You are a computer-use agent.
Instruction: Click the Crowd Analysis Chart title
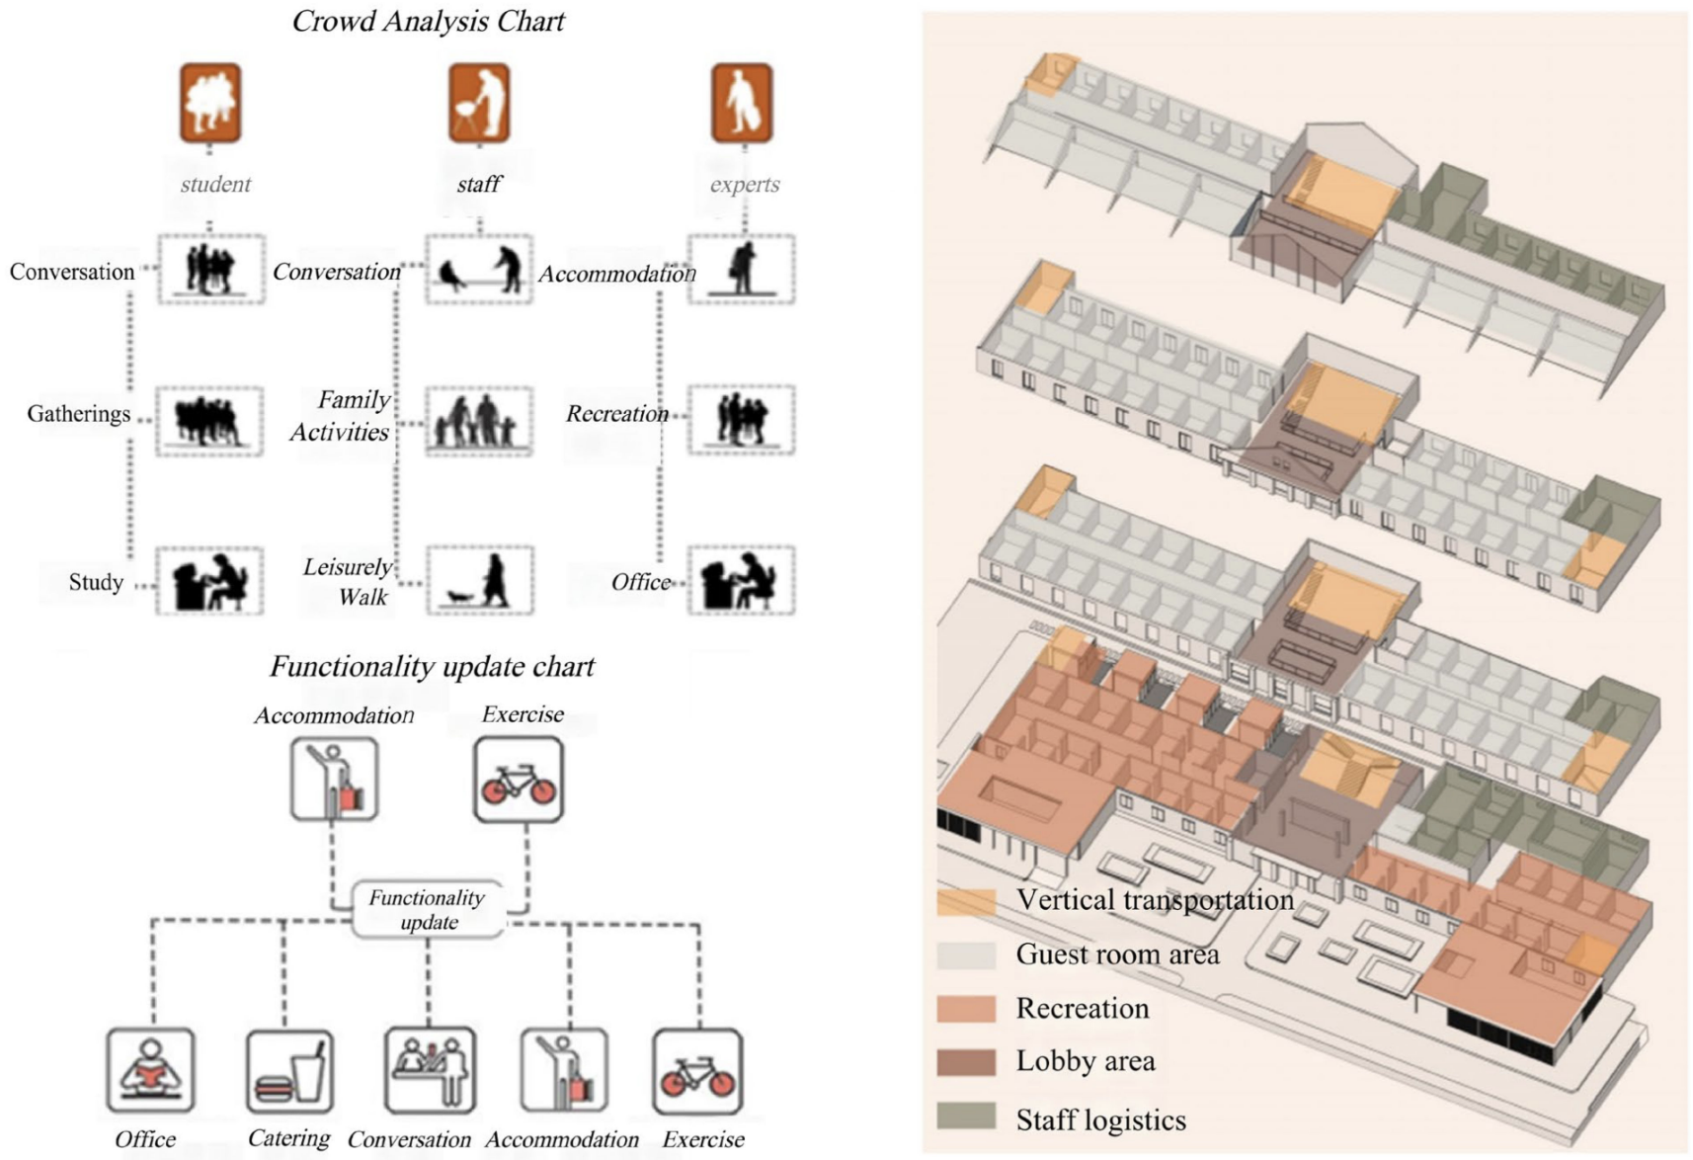click(x=428, y=22)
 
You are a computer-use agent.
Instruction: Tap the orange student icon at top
click(x=210, y=103)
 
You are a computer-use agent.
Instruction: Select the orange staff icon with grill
click(x=479, y=103)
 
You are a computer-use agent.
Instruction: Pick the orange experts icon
click(x=742, y=103)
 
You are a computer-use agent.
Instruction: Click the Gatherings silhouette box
click(x=209, y=421)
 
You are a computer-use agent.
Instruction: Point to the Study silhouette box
click(x=209, y=581)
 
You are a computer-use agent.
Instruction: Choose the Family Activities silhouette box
click(x=479, y=421)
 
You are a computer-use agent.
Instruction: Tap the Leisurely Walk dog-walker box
click(x=480, y=580)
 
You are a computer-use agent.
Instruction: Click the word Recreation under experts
click(x=617, y=414)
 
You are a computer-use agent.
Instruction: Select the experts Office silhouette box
click(x=741, y=580)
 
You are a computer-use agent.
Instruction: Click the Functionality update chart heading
click(x=432, y=667)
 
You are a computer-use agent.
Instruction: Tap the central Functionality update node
click(x=428, y=910)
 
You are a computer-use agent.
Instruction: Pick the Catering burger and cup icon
click(x=289, y=1071)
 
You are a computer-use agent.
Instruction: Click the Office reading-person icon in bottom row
click(x=150, y=1071)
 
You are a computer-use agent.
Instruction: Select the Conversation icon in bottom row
click(x=430, y=1071)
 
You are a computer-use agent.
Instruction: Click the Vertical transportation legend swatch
click(x=966, y=901)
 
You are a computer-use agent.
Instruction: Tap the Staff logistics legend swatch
click(x=966, y=1118)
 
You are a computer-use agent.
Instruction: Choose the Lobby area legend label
click(x=1086, y=1062)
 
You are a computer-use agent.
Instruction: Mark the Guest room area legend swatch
click(x=966, y=954)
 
